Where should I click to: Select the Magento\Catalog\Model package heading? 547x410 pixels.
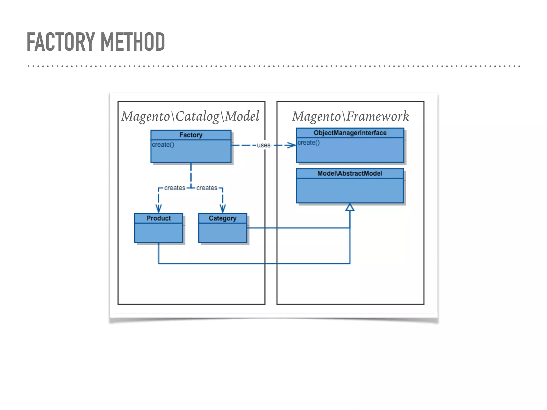pos(190,116)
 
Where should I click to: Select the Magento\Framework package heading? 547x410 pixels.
pos(350,116)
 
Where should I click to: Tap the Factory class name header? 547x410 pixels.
pos(191,135)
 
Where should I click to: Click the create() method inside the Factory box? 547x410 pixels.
pos(163,145)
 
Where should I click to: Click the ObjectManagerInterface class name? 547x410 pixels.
pos(350,133)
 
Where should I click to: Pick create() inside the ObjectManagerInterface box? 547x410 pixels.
pos(308,143)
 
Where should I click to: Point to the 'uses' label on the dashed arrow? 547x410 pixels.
pos(264,145)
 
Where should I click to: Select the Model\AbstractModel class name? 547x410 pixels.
pos(350,174)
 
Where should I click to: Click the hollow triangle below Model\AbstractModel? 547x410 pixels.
pos(350,207)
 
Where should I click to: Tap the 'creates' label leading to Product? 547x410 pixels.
pos(175,188)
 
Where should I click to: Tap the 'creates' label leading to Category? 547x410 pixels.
pos(207,188)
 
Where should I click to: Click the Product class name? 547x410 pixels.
pos(158,218)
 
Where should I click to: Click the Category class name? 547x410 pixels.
pos(222,218)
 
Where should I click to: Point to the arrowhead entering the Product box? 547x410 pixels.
pos(159,209)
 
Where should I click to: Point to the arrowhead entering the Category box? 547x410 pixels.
pos(223,209)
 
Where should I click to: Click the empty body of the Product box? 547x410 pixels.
pos(158,233)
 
